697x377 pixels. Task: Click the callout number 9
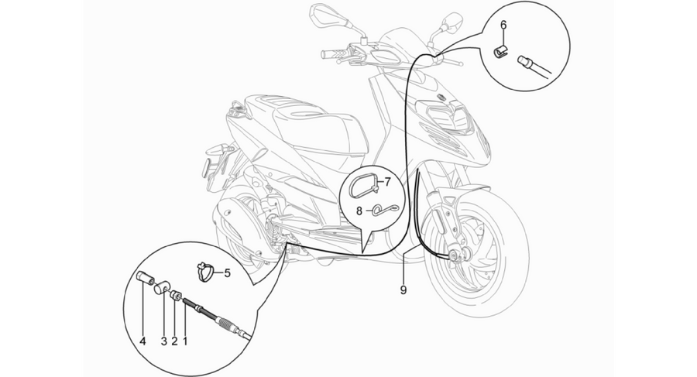coord(403,290)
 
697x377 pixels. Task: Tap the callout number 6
coord(503,25)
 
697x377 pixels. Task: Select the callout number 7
coord(386,181)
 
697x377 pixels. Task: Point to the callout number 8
coord(359,211)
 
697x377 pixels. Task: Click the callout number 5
coord(227,273)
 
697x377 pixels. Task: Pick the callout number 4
coord(142,341)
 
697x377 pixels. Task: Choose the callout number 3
coord(163,341)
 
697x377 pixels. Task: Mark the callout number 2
coord(174,341)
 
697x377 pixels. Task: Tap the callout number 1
coord(185,341)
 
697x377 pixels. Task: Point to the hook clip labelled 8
coord(384,210)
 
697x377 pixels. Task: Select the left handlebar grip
coord(332,55)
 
